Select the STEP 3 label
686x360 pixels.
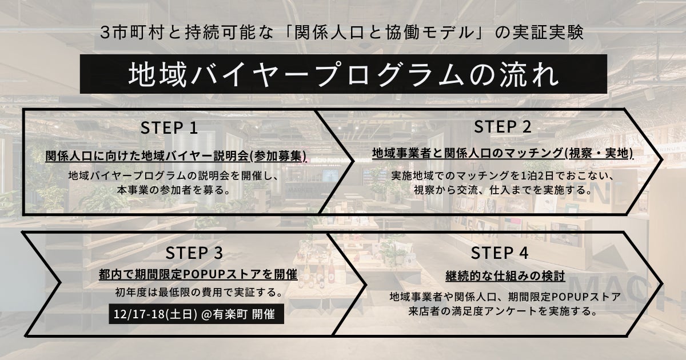click(x=194, y=252)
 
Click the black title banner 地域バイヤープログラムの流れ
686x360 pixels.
click(x=343, y=74)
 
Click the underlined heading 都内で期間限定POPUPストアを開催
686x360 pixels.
click(x=198, y=275)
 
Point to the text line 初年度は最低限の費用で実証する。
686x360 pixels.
click(x=198, y=294)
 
